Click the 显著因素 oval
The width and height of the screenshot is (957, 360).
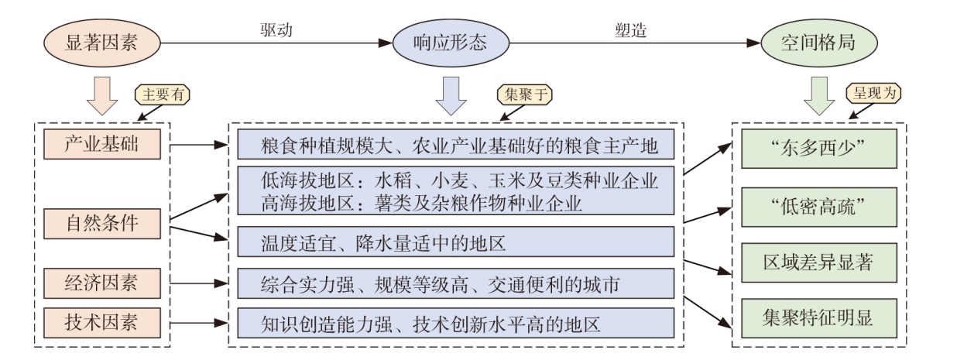102,43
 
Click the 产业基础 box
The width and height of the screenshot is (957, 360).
102,143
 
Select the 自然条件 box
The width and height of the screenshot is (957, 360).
102,225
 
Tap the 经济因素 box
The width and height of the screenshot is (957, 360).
102,281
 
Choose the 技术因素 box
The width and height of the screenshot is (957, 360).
102,320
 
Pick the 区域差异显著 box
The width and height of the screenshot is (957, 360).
818,261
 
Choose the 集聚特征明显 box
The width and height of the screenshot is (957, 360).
818,317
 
